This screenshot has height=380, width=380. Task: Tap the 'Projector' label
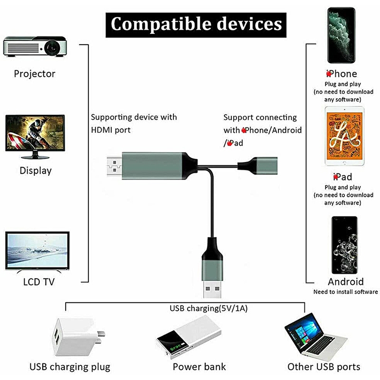click(x=34, y=74)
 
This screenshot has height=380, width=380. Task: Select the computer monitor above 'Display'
click(x=35, y=137)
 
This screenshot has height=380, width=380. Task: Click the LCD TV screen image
click(x=38, y=251)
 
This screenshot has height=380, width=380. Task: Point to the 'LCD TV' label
click(x=39, y=282)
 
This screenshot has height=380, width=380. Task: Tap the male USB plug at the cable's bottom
click(x=212, y=288)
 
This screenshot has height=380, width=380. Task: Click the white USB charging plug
click(x=77, y=337)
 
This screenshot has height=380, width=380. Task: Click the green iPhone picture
click(x=341, y=35)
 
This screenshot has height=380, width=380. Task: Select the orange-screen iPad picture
click(x=344, y=136)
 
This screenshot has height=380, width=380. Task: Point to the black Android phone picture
click(x=344, y=245)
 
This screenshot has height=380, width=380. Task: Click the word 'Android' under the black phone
click(x=346, y=282)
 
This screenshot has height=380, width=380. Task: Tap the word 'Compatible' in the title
click(x=161, y=24)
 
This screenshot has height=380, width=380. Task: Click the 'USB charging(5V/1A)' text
click(x=209, y=308)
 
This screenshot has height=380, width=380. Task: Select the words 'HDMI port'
click(x=111, y=130)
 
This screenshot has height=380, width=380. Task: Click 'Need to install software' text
click(x=346, y=292)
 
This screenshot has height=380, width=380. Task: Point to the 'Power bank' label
click(x=199, y=367)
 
